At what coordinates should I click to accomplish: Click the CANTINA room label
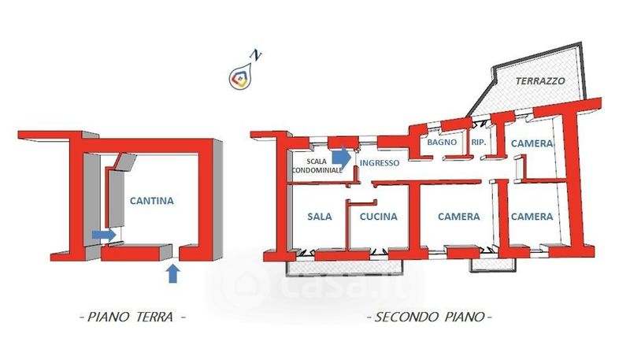(152, 201)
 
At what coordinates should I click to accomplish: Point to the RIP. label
(478, 143)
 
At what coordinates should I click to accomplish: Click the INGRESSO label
(379, 163)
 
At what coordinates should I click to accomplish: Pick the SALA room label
(320, 217)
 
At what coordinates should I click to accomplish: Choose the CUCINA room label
(378, 217)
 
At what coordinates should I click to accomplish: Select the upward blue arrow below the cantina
(174, 273)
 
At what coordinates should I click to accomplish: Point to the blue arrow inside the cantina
(103, 235)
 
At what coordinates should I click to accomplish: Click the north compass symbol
(241, 76)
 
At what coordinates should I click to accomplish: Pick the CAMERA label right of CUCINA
(459, 217)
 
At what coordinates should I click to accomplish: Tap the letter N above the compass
(255, 54)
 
